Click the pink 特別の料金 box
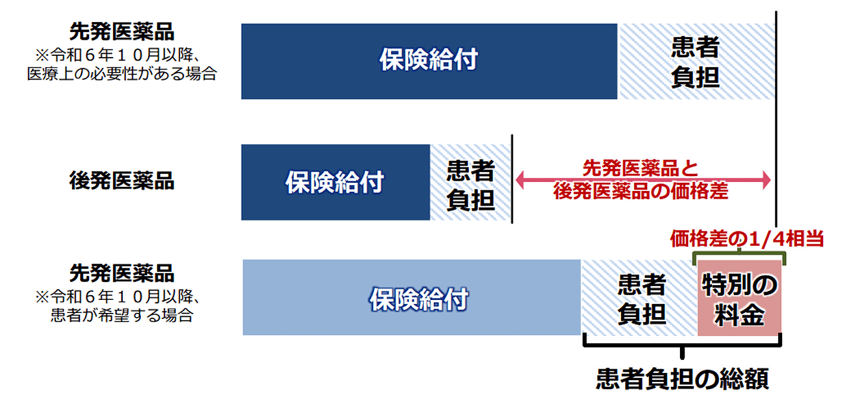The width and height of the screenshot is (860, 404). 739,298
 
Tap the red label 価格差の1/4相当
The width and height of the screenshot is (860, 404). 746,239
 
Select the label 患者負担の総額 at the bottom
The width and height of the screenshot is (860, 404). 682,378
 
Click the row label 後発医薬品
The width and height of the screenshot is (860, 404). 122,181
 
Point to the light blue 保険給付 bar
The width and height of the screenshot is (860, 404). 411,297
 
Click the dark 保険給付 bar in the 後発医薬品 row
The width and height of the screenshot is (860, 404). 336,182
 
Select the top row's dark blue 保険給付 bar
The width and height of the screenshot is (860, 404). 429,61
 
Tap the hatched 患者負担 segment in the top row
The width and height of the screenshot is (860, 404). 696,61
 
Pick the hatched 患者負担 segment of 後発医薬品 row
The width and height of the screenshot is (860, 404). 470,182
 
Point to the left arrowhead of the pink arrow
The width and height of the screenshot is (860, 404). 520,180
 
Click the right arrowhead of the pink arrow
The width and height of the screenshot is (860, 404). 766,180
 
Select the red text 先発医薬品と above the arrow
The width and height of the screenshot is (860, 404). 640,168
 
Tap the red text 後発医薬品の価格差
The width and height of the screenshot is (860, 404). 640,191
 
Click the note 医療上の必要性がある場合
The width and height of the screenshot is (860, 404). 122,73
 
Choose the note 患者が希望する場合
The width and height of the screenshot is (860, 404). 122,315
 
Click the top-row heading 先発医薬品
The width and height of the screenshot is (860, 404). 122,32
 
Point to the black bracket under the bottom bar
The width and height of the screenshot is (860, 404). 682,345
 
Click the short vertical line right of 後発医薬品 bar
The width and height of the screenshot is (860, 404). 512,178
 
